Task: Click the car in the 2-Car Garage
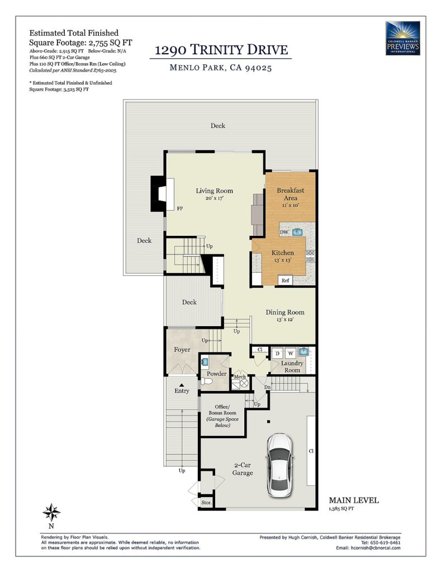click(279, 465)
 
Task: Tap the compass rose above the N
click(51, 513)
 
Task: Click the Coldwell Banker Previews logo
click(402, 39)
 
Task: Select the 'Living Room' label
click(214, 191)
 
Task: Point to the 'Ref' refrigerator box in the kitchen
click(286, 280)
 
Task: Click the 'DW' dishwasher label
click(284, 232)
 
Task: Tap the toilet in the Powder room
click(207, 382)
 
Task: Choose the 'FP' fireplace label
click(180, 209)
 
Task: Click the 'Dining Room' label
click(284, 312)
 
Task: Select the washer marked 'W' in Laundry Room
click(291, 353)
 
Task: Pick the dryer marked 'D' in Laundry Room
click(277, 353)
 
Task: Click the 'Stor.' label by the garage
click(206, 503)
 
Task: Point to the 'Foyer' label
click(182, 350)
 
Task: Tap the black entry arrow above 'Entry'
click(182, 384)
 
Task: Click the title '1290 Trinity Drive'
click(221, 50)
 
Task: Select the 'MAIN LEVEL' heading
click(354, 500)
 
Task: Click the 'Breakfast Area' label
click(291, 194)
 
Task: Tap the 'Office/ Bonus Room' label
click(222, 409)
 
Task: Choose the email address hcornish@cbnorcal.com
click(375, 548)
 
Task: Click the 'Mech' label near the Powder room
click(240, 377)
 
